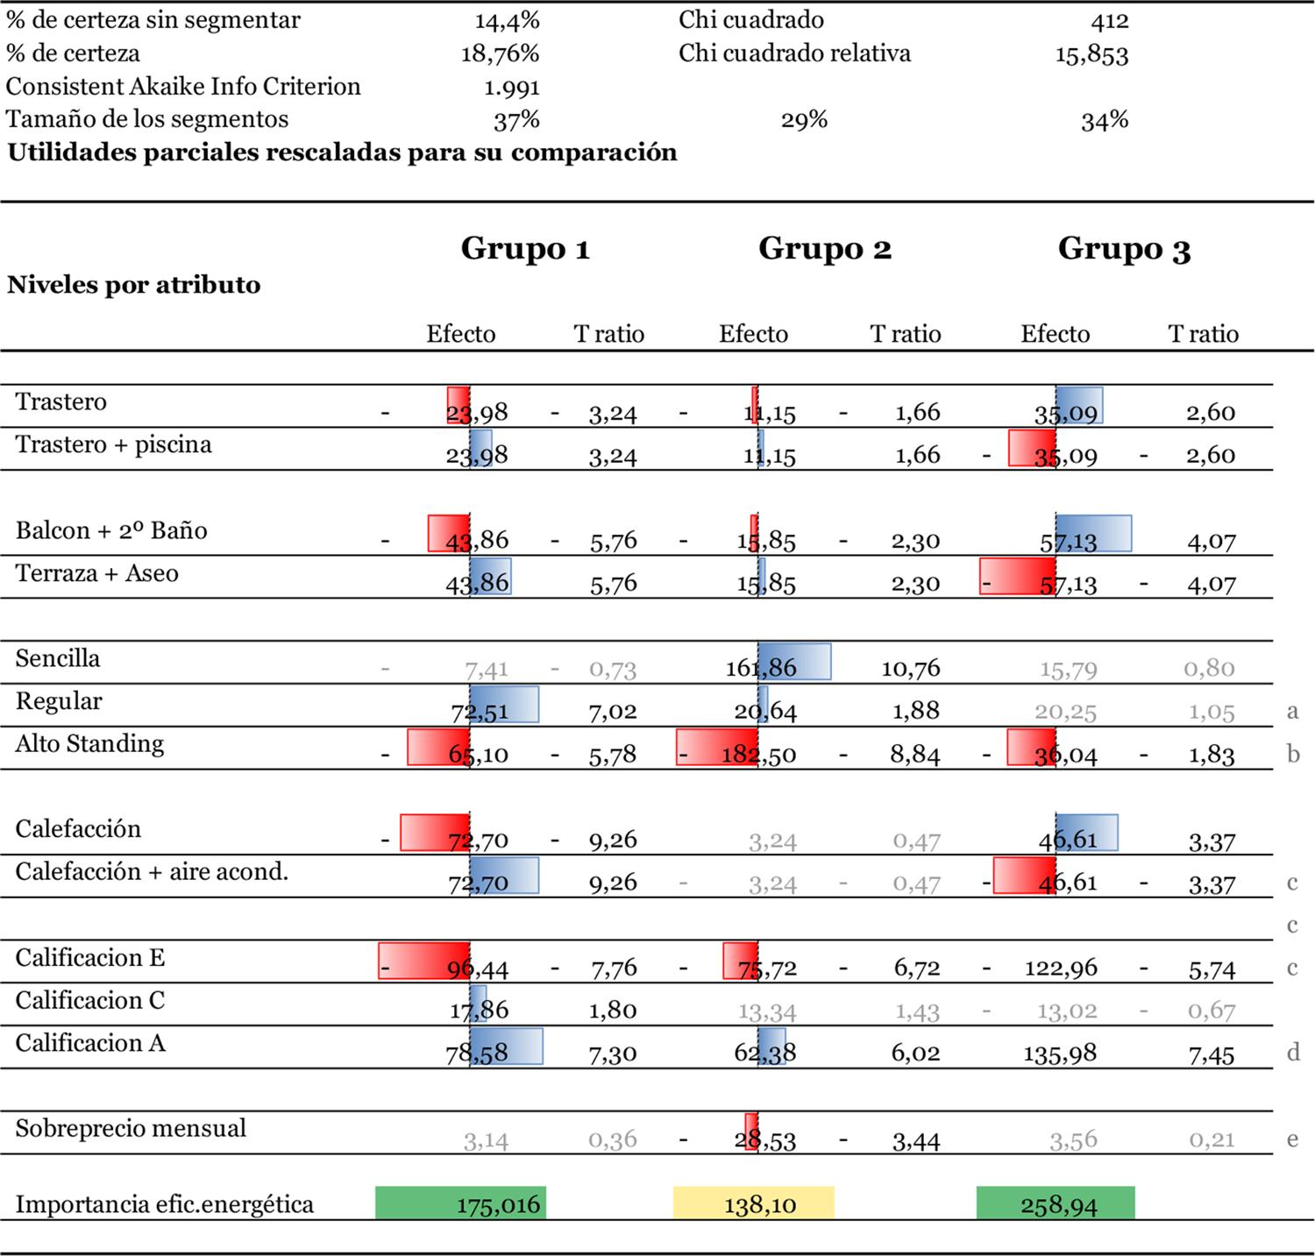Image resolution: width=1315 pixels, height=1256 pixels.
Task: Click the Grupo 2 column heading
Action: coord(824,249)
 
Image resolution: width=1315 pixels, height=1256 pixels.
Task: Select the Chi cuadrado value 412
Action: coord(1109,21)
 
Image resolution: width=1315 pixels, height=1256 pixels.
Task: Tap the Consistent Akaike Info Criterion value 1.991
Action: coord(511,88)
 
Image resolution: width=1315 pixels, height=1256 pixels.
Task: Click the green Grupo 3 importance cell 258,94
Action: coord(1056,1203)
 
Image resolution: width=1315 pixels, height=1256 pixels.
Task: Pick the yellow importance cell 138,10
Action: coord(754,1203)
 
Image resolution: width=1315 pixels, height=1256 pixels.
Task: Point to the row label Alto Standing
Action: coord(89,744)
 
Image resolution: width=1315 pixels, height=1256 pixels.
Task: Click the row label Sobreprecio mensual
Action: coord(131,1128)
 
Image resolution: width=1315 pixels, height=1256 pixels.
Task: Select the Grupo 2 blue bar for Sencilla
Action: coord(794,662)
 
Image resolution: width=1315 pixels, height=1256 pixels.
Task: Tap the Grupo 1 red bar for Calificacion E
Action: coord(424,961)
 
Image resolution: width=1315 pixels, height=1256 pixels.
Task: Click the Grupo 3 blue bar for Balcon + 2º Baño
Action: coord(1093,533)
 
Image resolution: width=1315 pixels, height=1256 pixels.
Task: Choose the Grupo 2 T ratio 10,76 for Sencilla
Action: coord(910,669)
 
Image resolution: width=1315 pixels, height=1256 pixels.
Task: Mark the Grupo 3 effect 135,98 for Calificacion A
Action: coord(1060,1053)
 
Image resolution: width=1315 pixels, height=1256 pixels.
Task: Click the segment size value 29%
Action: coord(804,120)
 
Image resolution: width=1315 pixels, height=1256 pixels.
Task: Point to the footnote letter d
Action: coord(1293,1052)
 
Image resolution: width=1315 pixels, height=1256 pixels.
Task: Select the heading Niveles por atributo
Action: coord(134,285)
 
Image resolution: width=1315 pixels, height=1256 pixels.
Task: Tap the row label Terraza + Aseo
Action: coord(96,573)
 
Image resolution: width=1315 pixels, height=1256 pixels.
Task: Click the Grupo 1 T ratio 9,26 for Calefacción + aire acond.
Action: coord(613,882)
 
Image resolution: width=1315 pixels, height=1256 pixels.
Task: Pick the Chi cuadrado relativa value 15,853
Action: coord(1091,55)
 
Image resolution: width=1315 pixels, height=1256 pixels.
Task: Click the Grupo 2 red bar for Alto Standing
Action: coord(716,748)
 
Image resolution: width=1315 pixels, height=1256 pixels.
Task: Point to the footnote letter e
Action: coord(1293,1139)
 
